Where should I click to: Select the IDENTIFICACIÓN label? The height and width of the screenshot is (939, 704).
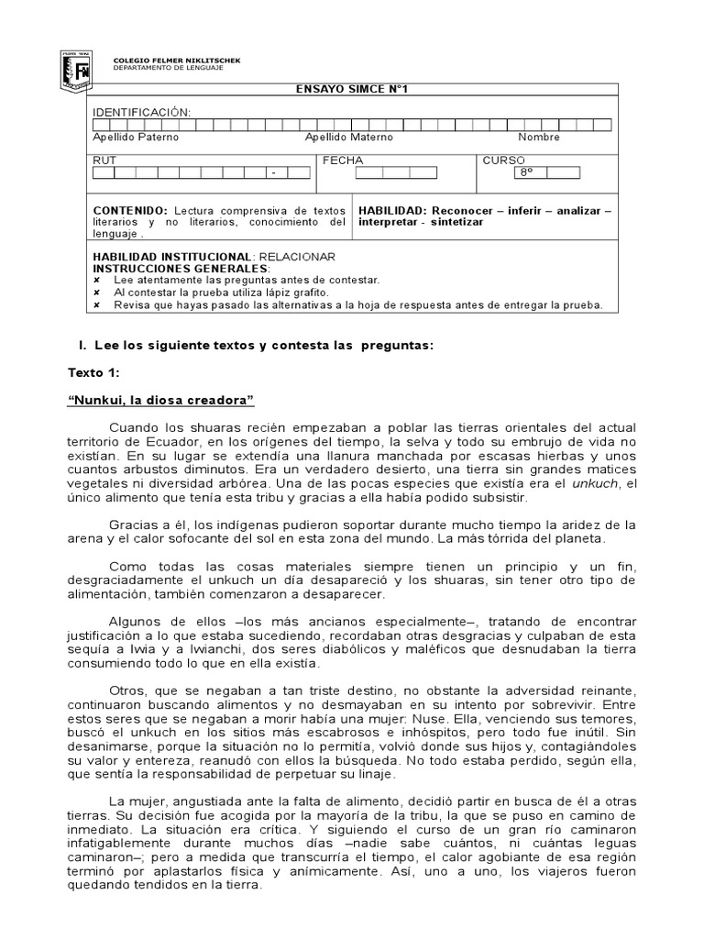click(x=142, y=111)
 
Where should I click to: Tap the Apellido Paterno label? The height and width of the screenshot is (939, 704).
click(x=137, y=137)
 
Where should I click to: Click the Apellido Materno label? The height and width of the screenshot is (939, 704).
click(x=348, y=137)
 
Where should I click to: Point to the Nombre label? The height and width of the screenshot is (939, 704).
click(x=539, y=137)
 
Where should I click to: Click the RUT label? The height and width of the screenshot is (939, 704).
click(x=105, y=160)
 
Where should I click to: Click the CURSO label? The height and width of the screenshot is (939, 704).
click(x=503, y=160)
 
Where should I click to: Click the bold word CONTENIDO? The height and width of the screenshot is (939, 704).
click(x=130, y=210)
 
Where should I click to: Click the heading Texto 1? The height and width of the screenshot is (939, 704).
click(x=93, y=373)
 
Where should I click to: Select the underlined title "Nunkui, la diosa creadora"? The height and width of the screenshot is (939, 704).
click(x=160, y=401)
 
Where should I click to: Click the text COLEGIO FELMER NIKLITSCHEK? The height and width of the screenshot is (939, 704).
click(x=177, y=58)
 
